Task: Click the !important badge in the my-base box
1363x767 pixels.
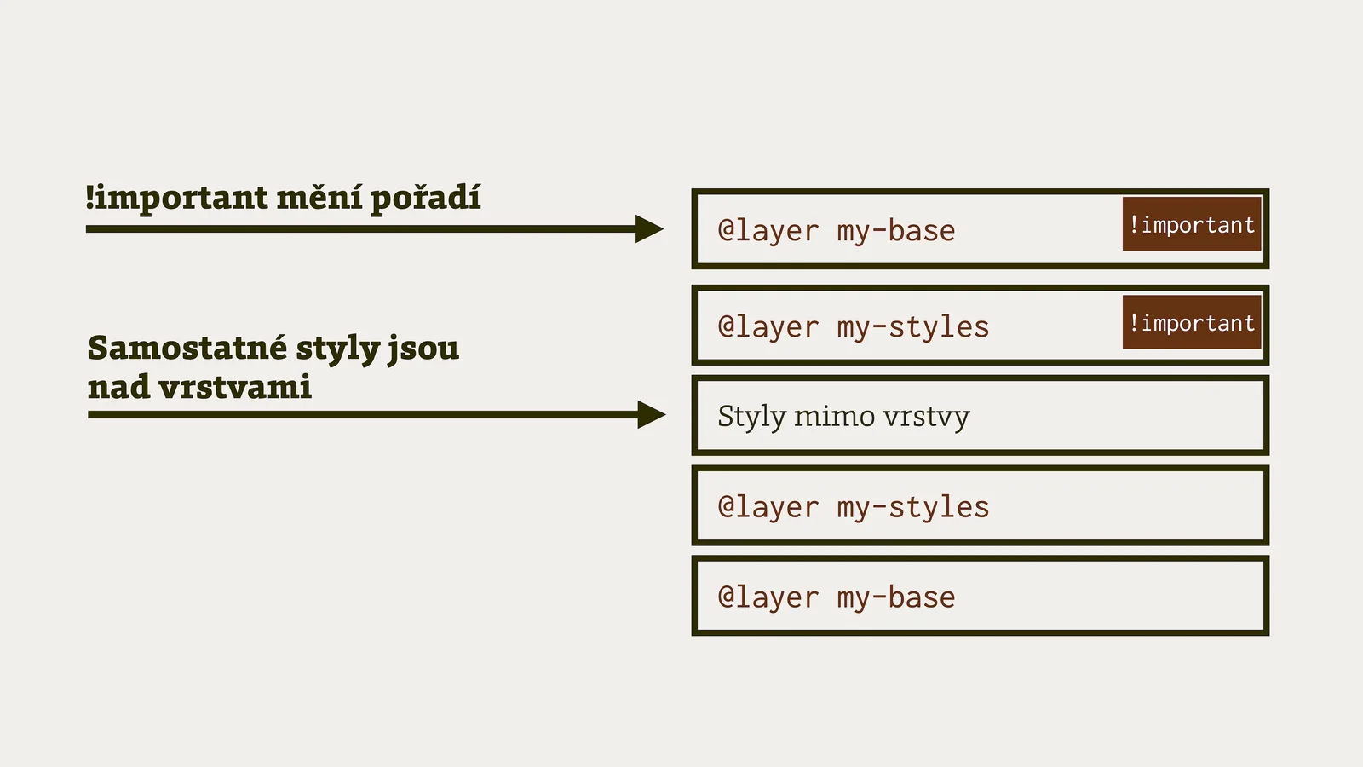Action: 1191,224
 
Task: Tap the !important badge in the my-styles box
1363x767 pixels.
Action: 1191,322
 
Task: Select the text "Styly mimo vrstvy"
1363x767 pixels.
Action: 843,417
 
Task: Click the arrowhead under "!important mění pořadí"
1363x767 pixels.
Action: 649,228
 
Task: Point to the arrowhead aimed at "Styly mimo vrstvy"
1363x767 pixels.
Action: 652,415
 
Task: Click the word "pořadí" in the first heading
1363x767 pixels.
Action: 425,199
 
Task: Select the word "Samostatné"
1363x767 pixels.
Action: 187,348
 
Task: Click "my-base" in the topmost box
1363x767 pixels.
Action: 895,231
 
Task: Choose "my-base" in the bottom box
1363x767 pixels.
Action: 895,597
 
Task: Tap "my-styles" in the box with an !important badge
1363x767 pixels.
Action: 912,327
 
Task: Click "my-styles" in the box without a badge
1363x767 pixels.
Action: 912,508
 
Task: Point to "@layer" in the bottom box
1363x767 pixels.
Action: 768,597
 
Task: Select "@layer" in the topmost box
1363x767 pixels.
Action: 768,231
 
